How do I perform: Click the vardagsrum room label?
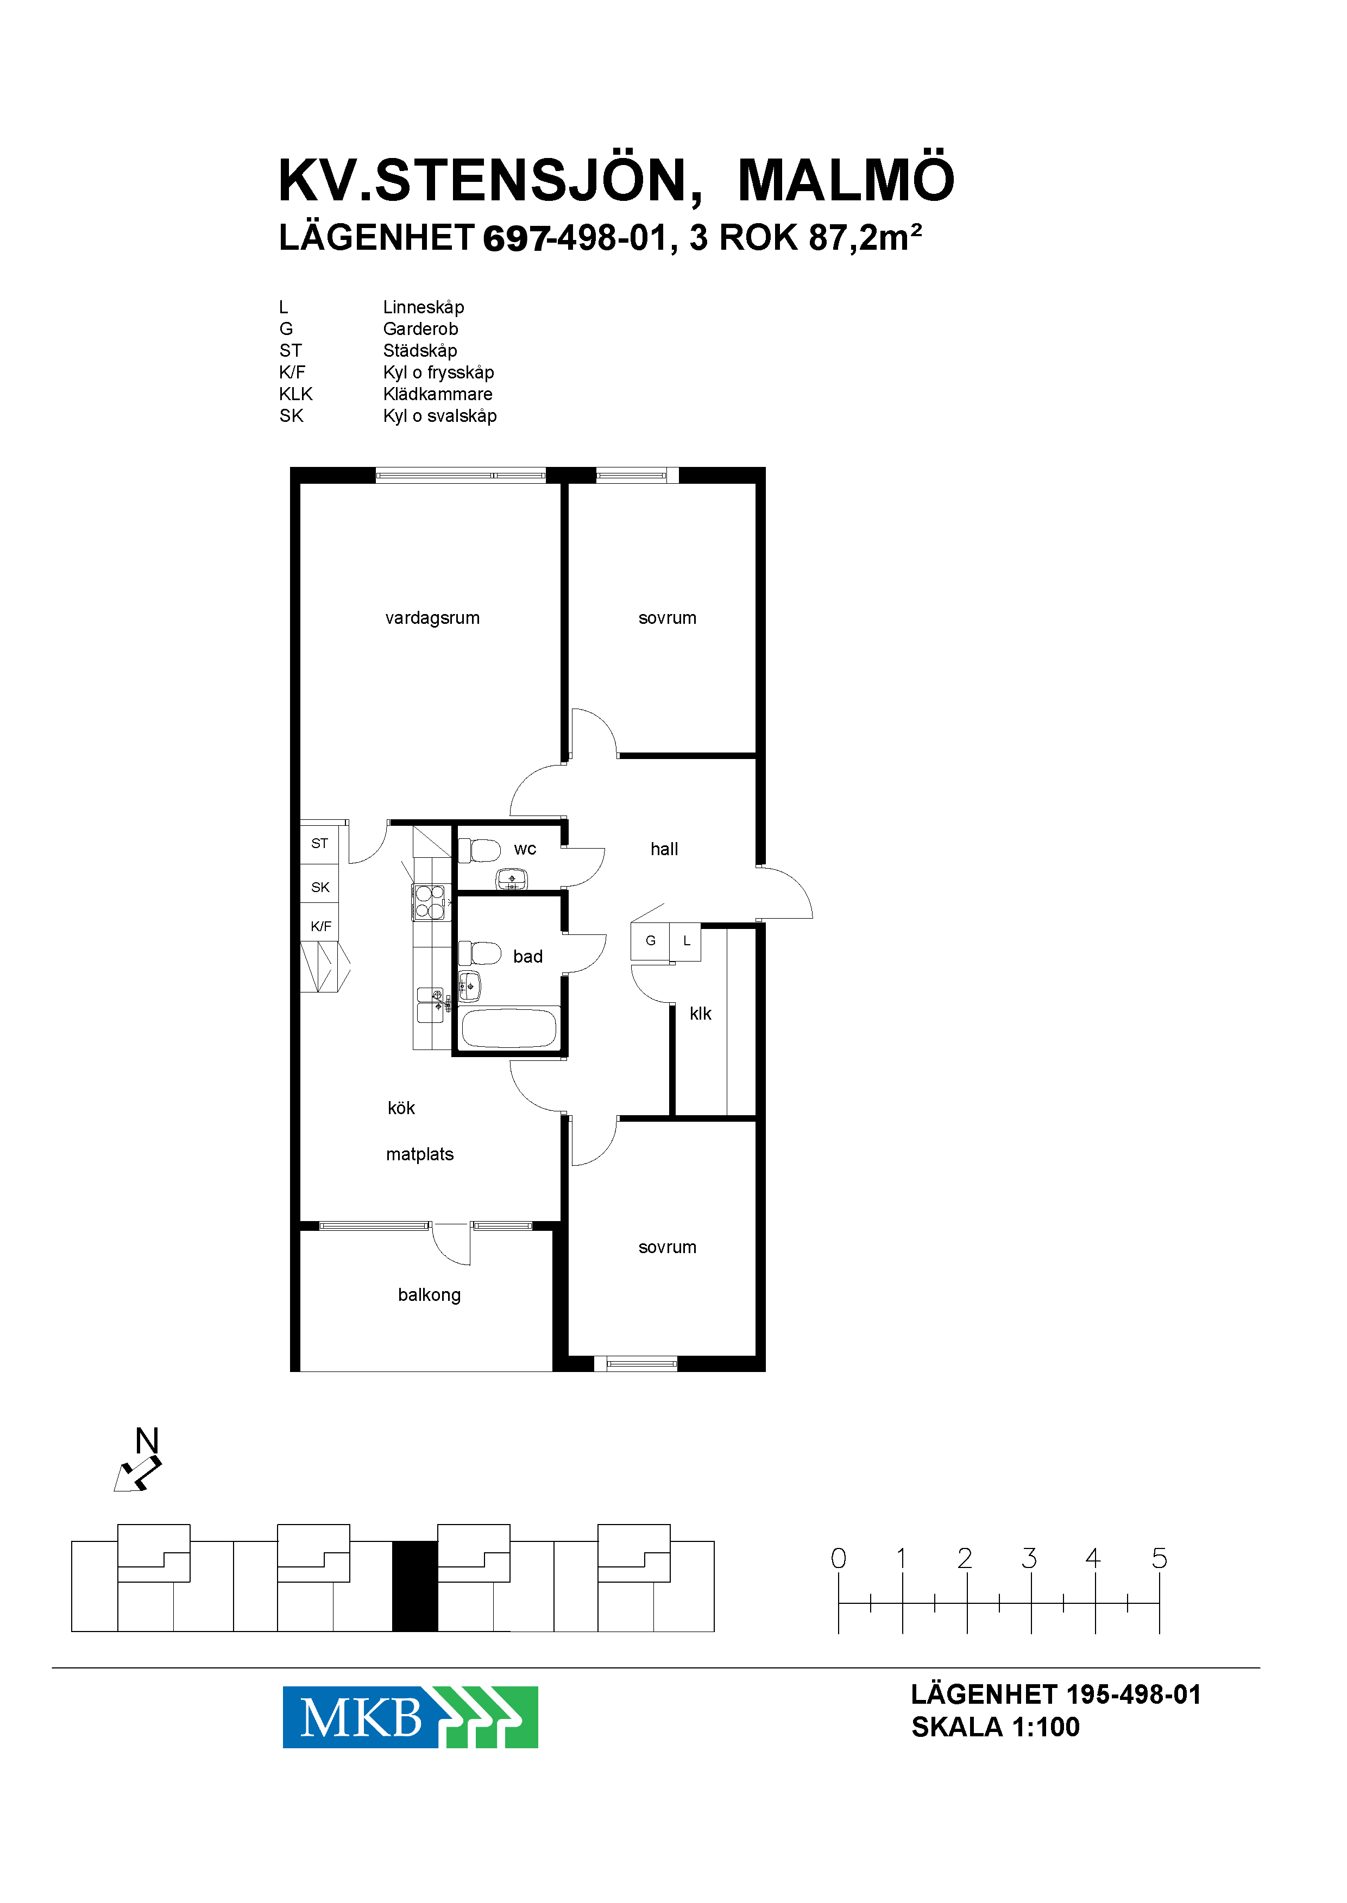[432, 618]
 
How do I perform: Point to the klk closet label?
[700, 1013]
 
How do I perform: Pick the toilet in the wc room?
[480, 851]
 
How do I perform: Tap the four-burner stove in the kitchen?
[430, 902]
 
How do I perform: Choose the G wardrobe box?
[650, 941]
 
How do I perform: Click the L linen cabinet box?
[686, 941]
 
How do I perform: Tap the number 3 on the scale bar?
[1029, 1558]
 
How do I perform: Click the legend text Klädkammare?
[437, 394]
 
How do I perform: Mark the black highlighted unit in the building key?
[415, 1586]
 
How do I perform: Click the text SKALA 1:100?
[996, 1727]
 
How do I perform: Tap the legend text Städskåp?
[420, 351]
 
